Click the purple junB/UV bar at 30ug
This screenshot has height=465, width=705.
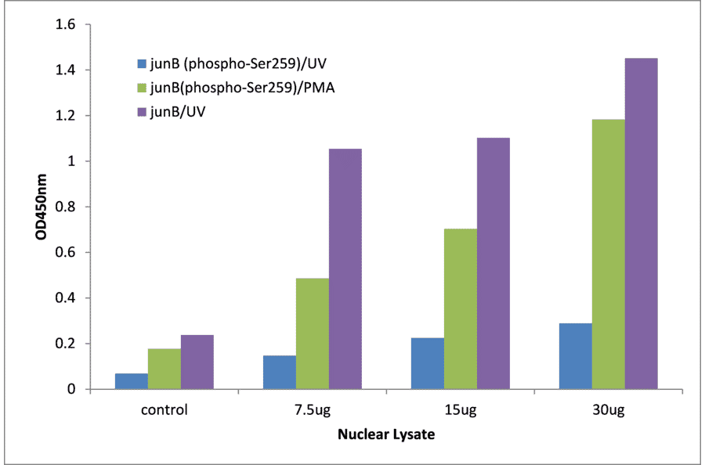click(641, 223)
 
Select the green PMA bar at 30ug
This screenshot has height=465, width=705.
click(608, 254)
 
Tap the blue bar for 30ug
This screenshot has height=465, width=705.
click(575, 356)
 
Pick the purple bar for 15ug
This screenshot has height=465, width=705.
click(493, 263)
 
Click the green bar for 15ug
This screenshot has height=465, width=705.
click(460, 308)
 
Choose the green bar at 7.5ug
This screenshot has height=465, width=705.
click(312, 333)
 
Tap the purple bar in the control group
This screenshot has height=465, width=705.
click(197, 362)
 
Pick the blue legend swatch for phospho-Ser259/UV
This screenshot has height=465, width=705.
click(142, 63)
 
